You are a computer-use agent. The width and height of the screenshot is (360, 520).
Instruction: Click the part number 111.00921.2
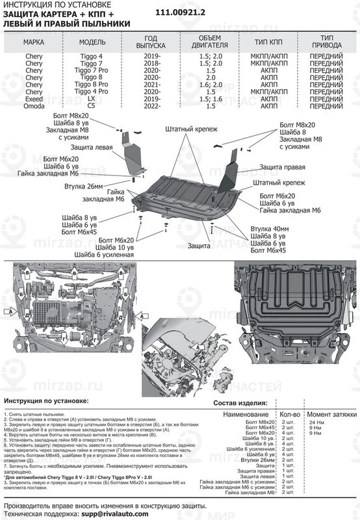pyautogui.click(x=188, y=13)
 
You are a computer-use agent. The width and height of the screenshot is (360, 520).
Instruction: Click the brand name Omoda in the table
pyautogui.click(x=34, y=106)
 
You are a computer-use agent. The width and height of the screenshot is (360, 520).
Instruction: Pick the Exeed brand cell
pyautogui.click(x=34, y=99)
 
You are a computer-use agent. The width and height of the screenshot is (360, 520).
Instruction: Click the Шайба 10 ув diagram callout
pyautogui.click(x=114, y=248)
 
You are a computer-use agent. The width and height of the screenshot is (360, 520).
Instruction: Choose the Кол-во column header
pyautogui.click(x=289, y=413)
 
